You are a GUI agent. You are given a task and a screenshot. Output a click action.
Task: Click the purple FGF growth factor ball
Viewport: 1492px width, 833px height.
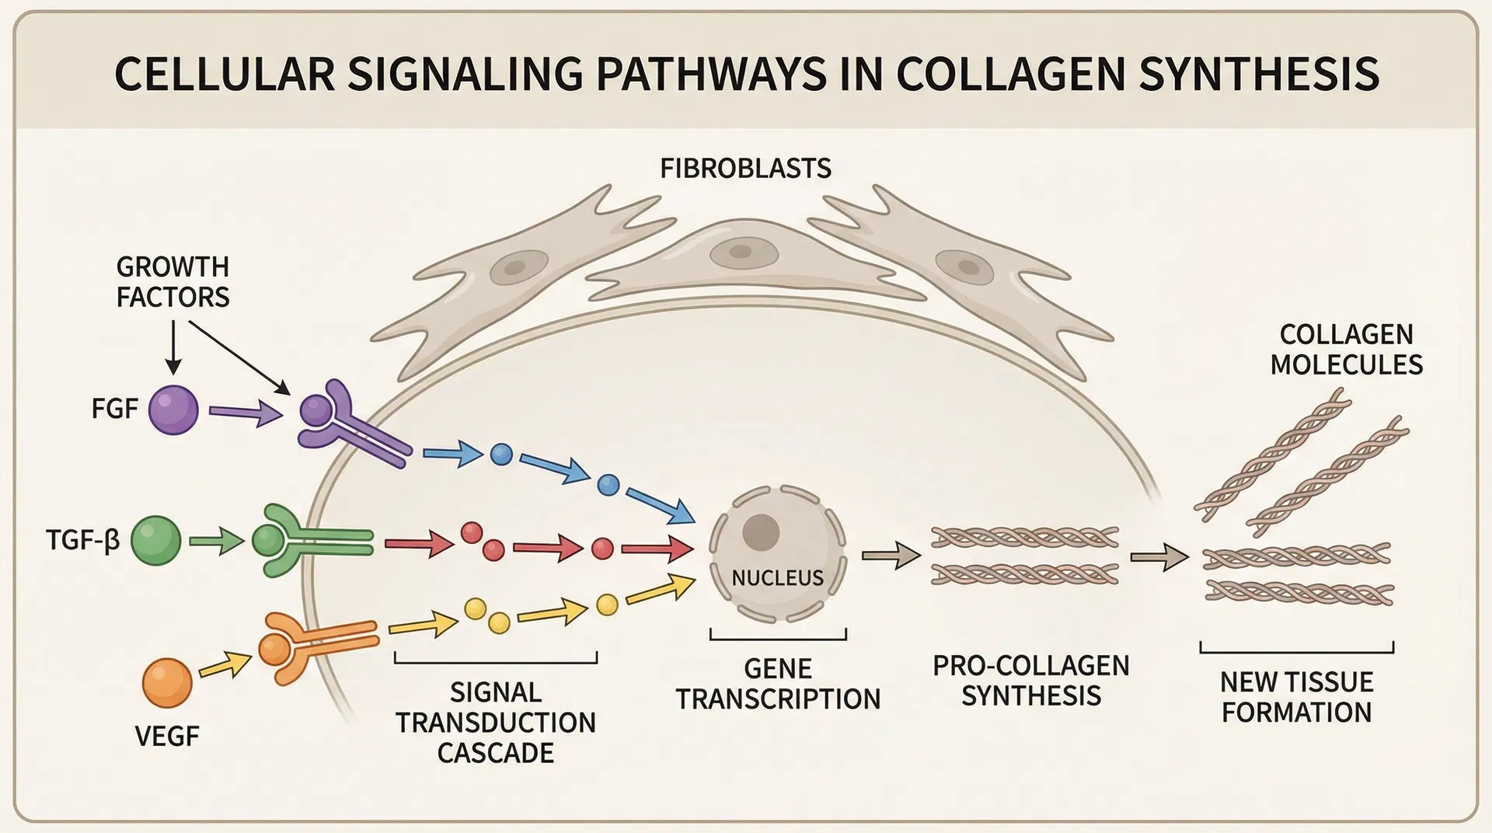point(173,410)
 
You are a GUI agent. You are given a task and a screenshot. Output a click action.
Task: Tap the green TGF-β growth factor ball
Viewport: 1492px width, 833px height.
point(155,541)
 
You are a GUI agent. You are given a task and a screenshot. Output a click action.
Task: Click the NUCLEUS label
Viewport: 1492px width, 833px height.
point(777,578)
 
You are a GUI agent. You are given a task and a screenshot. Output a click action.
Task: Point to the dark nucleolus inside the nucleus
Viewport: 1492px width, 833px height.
point(761,532)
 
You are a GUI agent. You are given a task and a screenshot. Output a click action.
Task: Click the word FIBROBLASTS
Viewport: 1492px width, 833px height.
point(745,169)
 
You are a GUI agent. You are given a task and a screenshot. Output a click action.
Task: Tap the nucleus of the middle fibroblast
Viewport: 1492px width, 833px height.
point(740,252)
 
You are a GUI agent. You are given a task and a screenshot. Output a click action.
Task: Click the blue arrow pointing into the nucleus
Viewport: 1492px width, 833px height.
point(660,504)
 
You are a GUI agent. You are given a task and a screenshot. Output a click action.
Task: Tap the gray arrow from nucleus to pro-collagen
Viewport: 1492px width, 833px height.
point(891,556)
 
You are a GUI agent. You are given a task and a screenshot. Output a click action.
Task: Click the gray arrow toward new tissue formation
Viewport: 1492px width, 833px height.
point(1159,557)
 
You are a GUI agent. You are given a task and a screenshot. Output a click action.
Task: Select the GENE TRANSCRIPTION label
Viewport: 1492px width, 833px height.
point(778,684)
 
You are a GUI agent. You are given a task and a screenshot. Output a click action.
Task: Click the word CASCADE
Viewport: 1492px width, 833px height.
point(495,753)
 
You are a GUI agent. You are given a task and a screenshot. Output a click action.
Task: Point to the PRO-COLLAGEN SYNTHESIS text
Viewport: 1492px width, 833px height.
point(1030,681)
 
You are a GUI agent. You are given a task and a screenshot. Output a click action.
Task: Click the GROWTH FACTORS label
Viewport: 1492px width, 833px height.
point(173,282)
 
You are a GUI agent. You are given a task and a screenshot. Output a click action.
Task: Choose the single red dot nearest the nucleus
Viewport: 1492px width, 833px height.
point(602,549)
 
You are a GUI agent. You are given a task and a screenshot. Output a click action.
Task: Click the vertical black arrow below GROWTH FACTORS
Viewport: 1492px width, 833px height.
point(173,347)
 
